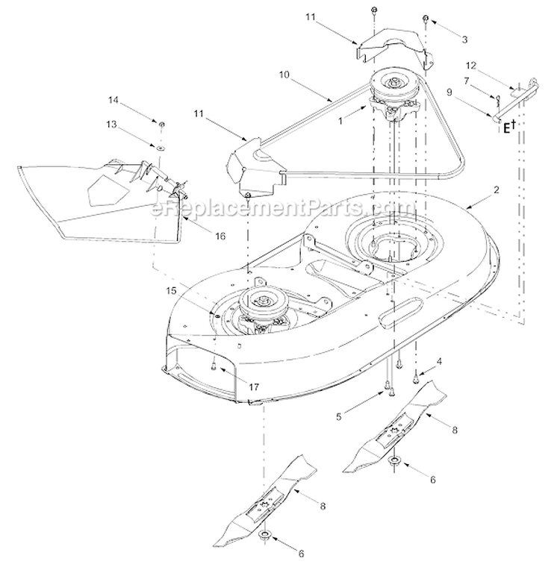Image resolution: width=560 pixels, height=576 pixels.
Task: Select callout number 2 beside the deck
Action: point(495,191)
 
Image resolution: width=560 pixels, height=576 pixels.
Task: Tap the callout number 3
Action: point(464,38)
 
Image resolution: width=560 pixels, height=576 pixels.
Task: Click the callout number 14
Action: point(113,100)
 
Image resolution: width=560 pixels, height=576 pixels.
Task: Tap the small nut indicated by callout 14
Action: point(161,123)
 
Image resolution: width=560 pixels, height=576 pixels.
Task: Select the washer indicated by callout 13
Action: point(160,149)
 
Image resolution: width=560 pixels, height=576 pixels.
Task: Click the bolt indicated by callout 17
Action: point(214,365)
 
